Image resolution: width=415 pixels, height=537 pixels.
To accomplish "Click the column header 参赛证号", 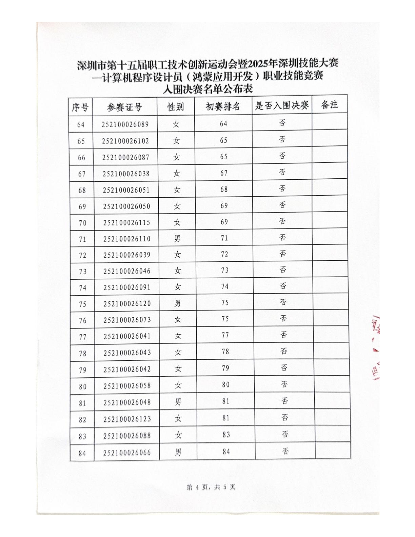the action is pos(124,107).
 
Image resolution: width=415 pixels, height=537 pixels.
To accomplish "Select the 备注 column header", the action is pos(329,105).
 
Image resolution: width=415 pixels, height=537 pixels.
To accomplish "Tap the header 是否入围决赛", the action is pos(282,106).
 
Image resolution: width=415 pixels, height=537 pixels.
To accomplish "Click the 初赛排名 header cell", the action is pos(223,107).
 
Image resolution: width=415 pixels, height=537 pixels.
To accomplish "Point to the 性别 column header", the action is pos(176,107).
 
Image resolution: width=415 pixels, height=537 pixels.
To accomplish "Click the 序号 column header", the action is pos(80,108).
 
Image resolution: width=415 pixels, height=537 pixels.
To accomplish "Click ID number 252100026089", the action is pos(125,124).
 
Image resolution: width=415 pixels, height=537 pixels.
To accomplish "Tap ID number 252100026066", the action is pos(127,453).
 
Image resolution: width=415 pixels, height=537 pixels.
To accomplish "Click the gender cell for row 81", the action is pos(178,402).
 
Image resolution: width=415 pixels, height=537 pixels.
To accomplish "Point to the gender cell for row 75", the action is pos(177,303).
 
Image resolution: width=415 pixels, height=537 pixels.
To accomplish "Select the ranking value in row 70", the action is pos(224,222).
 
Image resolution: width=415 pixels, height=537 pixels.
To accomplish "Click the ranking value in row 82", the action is pos(226,418).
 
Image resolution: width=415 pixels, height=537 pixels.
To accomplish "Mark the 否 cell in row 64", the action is pos(282,123).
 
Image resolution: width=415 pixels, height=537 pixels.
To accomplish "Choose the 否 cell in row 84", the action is pos(285,451).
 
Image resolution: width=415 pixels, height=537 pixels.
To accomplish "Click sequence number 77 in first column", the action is pos(83,337).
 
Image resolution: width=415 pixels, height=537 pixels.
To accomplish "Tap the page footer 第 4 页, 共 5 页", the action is pos(211,487).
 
